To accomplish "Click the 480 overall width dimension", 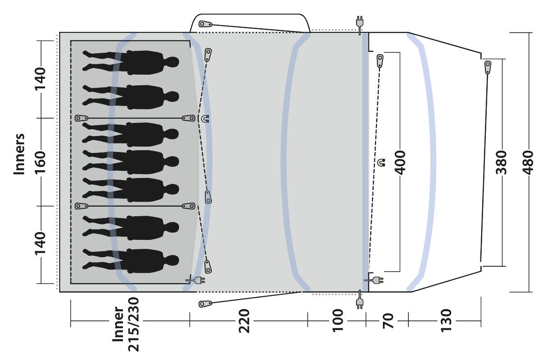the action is tap(528, 162).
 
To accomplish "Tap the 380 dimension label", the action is tap(501, 162).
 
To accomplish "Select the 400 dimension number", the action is tap(400, 162).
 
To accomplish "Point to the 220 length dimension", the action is tap(244, 321).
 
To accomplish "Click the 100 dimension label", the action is tap(338, 320).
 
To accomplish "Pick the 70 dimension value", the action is tap(388, 321).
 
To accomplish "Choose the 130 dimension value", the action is tap(446, 320).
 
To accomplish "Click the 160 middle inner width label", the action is tap(40, 162).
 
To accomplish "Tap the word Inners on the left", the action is tap(19, 154).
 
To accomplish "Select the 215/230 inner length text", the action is tap(133, 325).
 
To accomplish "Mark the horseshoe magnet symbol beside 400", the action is tap(382, 162).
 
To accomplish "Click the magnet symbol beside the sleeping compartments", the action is tap(205, 118).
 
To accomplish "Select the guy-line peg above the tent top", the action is tap(205, 24).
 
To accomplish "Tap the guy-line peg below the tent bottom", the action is tap(205, 304).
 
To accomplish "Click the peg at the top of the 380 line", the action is tap(488, 67).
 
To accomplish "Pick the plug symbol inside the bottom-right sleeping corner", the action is tap(196, 280).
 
